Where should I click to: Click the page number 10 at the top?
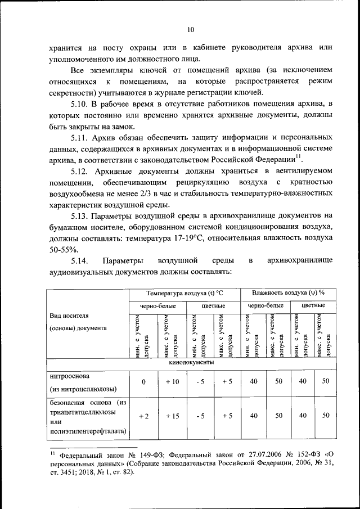[190, 30]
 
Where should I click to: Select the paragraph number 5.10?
[80, 105]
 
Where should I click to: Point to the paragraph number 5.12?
[80, 171]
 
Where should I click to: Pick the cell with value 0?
[143, 382]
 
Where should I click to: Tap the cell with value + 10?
[172, 382]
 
